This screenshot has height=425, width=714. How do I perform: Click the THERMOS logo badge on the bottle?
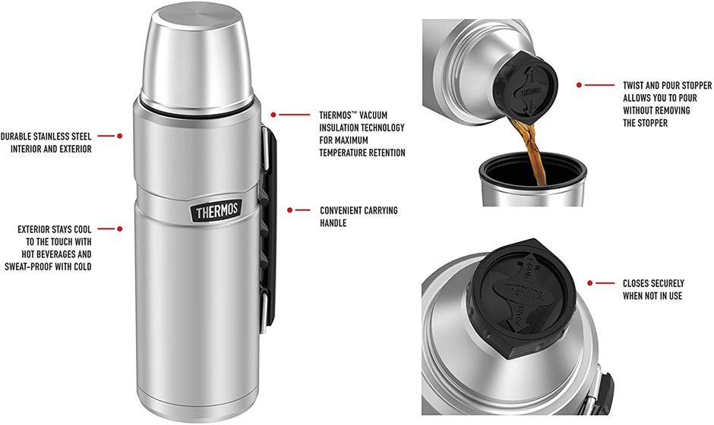pyautogui.click(x=216, y=212)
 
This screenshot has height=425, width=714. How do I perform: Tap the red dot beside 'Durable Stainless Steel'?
pyautogui.click(x=120, y=136)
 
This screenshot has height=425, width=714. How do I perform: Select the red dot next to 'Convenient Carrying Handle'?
pyautogui.click(x=289, y=210)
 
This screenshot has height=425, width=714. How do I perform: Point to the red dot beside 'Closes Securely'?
pyautogui.click(x=590, y=283)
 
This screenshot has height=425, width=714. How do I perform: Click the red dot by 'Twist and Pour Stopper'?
pyautogui.click(x=580, y=85)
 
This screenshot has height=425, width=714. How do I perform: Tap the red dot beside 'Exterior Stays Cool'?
pyautogui.click(x=120, y=229)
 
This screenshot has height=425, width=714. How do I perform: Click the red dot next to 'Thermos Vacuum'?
pyautogui.click(x=273, y=115)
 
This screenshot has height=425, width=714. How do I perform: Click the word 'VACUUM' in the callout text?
pyautogui.click(x=373, y=115)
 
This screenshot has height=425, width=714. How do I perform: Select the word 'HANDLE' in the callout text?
pyautogui.click(x=333, y=223)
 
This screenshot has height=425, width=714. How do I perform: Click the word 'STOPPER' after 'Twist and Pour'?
pyautogui.click(x=697, y=85)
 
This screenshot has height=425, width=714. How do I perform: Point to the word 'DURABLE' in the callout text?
pyautogui.click(x=16, y=137)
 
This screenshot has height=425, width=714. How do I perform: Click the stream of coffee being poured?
pyautogui.click(x=531, y=150)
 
